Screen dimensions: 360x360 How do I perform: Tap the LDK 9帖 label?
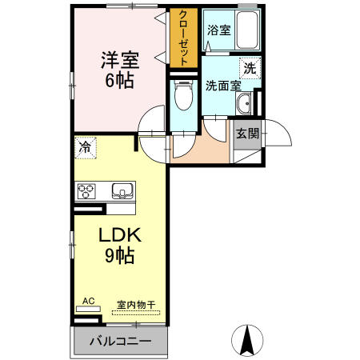pyautogui.click(x=120, y=246)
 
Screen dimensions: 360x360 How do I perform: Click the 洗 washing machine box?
pyautogui.click(x=250, y=69)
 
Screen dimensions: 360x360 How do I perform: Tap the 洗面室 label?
pyautogui.click(x=223, y=86)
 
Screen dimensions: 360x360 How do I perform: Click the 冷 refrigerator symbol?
pyautogui.click(x=83, y=146)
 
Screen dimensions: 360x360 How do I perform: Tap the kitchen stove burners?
pyautogui.click(x=86, y=190)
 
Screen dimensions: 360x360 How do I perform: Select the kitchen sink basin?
pyautogui.click(x=122, y=190)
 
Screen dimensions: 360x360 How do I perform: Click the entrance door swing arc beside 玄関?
pyautogui.click(x=272, y=130)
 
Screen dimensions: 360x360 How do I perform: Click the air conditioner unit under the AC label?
pyautogui.click(x=88, y=310)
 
